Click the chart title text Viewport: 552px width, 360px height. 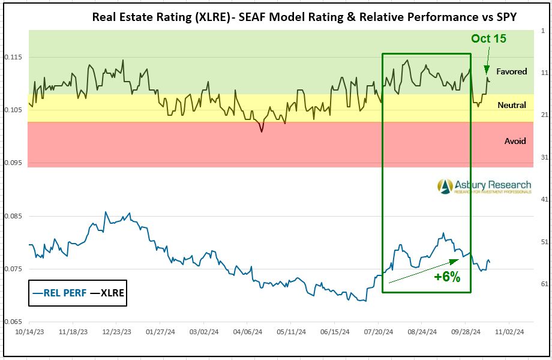(304, 17)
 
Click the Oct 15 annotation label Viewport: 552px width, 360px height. (488, 38)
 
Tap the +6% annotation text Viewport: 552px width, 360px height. (447, 277)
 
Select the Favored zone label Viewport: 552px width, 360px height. (512, 71)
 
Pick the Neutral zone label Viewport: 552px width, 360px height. (512, 105)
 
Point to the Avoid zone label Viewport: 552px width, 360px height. (515, 141)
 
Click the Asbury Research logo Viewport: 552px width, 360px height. (484, 186)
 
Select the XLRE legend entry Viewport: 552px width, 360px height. (107, 293)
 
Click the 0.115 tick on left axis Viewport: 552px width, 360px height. (13, 57)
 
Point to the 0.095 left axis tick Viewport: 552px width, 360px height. (13, 163)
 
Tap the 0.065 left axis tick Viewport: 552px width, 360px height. (13, 322)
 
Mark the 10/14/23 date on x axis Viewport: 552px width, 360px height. (28, 331)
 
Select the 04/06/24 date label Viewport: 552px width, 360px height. (246, 331)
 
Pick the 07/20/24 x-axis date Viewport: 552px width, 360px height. (377, 331)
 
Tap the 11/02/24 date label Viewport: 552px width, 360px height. (509, 331)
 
